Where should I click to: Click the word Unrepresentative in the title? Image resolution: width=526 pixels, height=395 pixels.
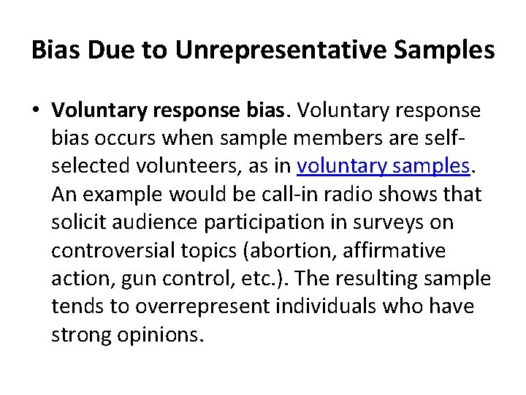[294, 50]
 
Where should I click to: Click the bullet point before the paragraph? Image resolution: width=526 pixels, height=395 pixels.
[36, 110]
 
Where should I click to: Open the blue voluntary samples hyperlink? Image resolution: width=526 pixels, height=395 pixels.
[382, 166]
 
